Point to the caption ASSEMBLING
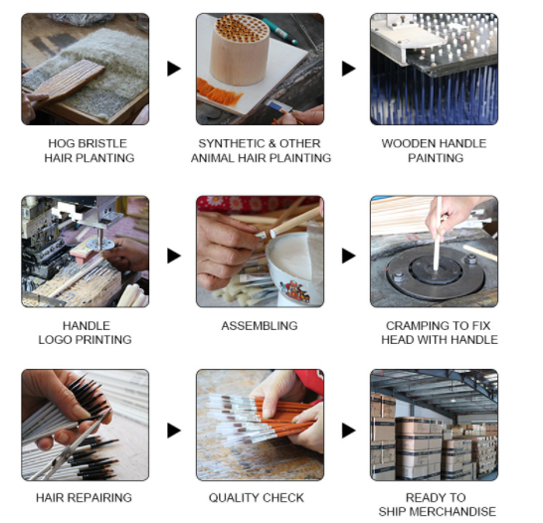(260, 326)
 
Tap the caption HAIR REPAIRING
(84, 498)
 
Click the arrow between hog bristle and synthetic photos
(174, 69)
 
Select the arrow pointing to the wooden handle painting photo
(349, 69)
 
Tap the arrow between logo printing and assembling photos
(174, 256)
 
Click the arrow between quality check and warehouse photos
(349, 431)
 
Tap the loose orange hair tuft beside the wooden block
(219, 92)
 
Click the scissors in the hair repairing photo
(71, 446)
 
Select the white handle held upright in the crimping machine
(438, 234)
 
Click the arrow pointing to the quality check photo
(174, 431)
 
